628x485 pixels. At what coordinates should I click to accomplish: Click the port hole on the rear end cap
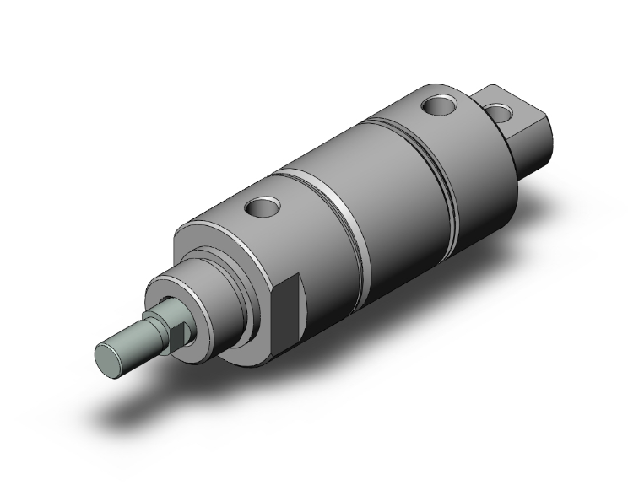click(439, 105)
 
